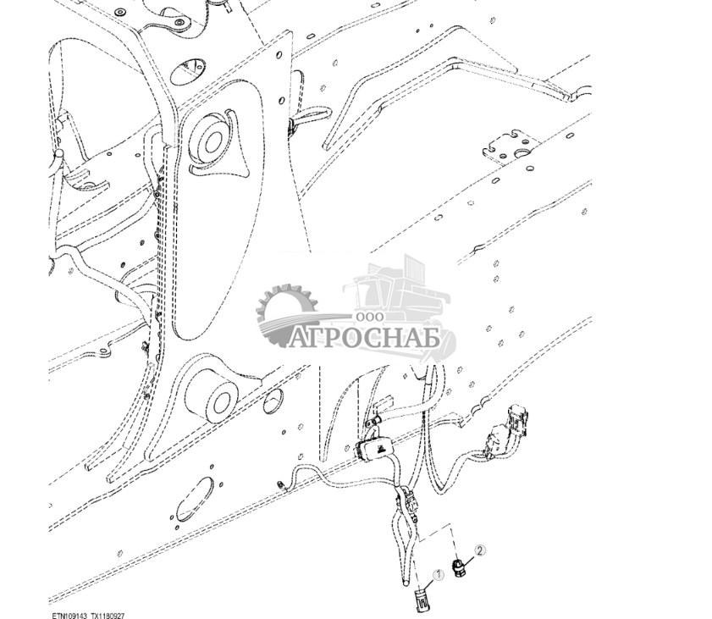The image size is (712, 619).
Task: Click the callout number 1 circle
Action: tap(439, 575)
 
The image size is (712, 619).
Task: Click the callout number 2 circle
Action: tap(480, 550)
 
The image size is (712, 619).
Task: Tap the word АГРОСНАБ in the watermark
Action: tap(363, 339)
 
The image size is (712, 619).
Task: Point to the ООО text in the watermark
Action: tap(371, 315)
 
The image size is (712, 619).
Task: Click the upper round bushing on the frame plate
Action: tap(207, 135)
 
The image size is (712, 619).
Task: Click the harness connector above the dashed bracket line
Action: tap(412, 503)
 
